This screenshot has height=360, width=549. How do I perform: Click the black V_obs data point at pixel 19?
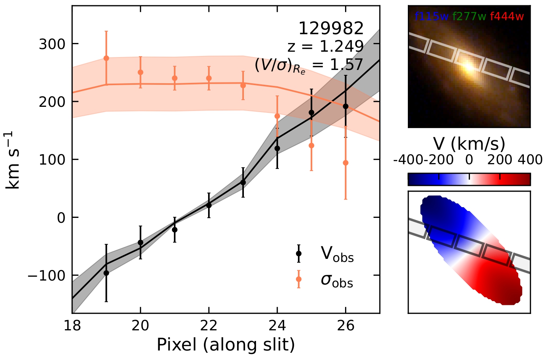click(x=106, y=273)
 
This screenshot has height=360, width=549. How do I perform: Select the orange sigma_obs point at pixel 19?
click(x=106, y=58)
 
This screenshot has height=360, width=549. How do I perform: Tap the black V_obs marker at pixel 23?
click(x=243, y=182)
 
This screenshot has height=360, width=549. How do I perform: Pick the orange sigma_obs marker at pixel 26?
click(x=345, y=163)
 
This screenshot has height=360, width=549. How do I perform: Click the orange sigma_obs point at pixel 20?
click(x=140, y=72)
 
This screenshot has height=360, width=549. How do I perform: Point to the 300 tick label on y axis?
click(x=52, y=44)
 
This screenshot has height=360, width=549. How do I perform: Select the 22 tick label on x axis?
click(x=209, y=326)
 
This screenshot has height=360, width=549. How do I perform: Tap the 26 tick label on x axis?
click(x=345, y=326)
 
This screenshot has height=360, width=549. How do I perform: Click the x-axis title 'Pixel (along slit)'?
click(x=226, y=345)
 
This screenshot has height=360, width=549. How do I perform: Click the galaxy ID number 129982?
click(x=331, y=29)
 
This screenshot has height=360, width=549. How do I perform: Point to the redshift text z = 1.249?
click(x=326, y=46)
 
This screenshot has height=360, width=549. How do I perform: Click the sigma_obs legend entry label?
click(x=337, y=280)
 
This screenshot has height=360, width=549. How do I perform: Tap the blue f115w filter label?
click(x=432, y=16)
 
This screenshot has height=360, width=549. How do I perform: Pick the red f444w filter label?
click(x=507, y=16)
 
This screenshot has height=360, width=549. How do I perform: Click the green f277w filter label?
click(x=469, y=16)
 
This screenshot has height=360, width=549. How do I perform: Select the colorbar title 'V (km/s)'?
click(x=469, y=144)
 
